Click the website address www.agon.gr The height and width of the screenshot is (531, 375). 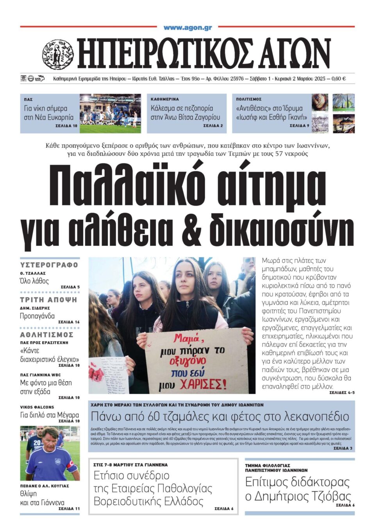187,28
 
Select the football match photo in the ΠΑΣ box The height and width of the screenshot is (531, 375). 110,113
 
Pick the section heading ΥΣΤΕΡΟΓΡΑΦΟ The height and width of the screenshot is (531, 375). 49,265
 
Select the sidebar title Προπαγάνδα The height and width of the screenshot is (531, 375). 37,316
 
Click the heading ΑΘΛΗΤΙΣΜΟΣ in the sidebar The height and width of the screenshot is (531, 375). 47,335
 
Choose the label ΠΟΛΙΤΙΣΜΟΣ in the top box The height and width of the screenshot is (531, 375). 248,99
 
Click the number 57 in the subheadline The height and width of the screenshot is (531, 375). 282,154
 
